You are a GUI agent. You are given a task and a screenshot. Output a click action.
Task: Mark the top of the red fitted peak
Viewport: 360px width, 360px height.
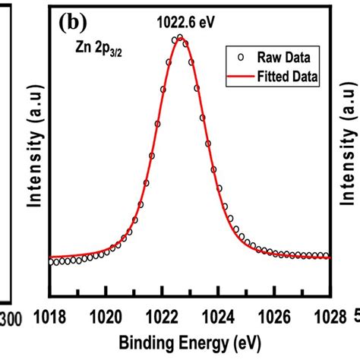(x=180, y=37)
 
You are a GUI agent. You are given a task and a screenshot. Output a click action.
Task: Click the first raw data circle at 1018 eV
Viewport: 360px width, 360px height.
(x=51, y=262)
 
